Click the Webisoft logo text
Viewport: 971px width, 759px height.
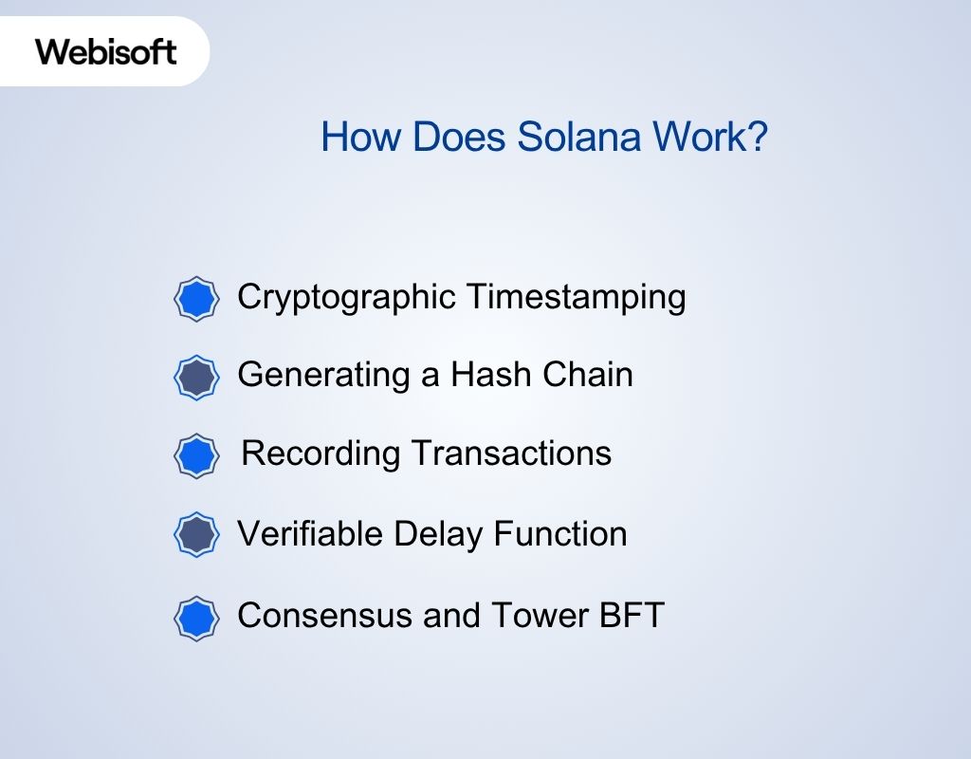[x=105, y=51]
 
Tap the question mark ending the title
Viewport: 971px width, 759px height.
[x=757, y=139]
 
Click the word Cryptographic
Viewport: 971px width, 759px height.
[x=346, y=298]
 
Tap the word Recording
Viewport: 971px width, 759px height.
[x=321, y=454]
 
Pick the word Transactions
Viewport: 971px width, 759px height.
[x=510, y=454]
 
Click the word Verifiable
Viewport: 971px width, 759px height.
[x=309, y=534]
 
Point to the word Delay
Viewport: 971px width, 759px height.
[x=435, y=534]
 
